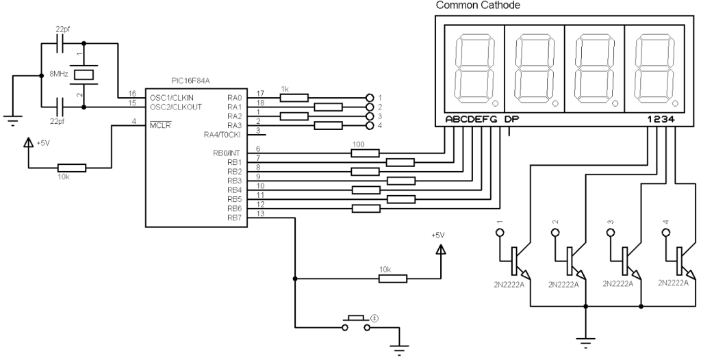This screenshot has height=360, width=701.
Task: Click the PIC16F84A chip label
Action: click(191, 81)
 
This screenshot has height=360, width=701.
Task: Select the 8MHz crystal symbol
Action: click(84, 74)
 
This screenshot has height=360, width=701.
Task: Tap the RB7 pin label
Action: click(235, 218)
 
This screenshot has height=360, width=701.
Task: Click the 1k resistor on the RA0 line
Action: click(294, 97)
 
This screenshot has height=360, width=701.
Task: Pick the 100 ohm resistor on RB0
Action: click(364, 153)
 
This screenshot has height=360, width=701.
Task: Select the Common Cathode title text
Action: click(478, 5)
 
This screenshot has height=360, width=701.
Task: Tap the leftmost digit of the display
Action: click(474, 66)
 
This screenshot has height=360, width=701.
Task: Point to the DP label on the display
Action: click(512, 119)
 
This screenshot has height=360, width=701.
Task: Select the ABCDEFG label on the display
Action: click(472, 119)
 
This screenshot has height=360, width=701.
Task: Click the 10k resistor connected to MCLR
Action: click(71, 168)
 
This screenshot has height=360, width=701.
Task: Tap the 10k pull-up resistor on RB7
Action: click(392, 278)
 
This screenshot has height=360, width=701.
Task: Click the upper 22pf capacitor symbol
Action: click(60, 41)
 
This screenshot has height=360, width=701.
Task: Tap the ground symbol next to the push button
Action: click(400, 346)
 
